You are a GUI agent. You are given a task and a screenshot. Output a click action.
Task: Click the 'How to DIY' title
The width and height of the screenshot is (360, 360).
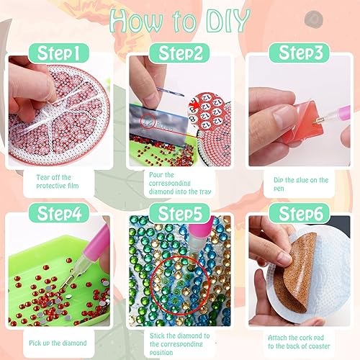tap(179, 22)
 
